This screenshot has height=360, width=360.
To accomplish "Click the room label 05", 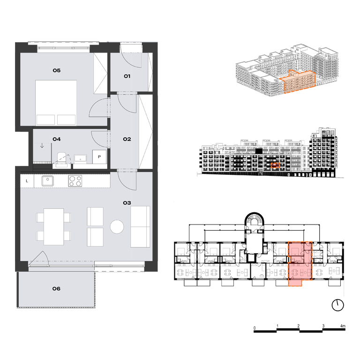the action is pos(56,70).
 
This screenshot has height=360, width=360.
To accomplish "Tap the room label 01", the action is pos(127,76).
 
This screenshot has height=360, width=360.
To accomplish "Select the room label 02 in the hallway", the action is pos(127,139).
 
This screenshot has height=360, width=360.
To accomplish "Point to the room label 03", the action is pos(127,202).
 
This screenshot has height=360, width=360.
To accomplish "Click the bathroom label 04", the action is pos(56,139).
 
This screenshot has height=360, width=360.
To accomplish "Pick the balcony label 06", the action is pos(56,289).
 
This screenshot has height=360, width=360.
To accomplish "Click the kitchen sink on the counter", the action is pos(47,181).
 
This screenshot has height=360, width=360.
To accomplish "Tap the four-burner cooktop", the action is pos(75,181).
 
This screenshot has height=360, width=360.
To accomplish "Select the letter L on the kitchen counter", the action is pos(27,181).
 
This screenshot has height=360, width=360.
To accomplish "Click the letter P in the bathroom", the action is pos(99,157).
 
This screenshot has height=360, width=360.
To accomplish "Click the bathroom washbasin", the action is pos(80,158).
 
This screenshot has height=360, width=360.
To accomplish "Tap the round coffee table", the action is pos(117,226).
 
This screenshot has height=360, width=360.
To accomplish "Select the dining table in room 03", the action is pos(54,226).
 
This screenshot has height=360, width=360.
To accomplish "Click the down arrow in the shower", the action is pos(42,146).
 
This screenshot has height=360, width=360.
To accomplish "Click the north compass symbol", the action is pos(337,305).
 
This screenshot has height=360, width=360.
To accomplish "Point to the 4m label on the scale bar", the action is pos(343,326).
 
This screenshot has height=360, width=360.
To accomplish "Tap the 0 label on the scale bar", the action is pos(255,328).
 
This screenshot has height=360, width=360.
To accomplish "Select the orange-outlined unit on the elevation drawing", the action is pos(276,165).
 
